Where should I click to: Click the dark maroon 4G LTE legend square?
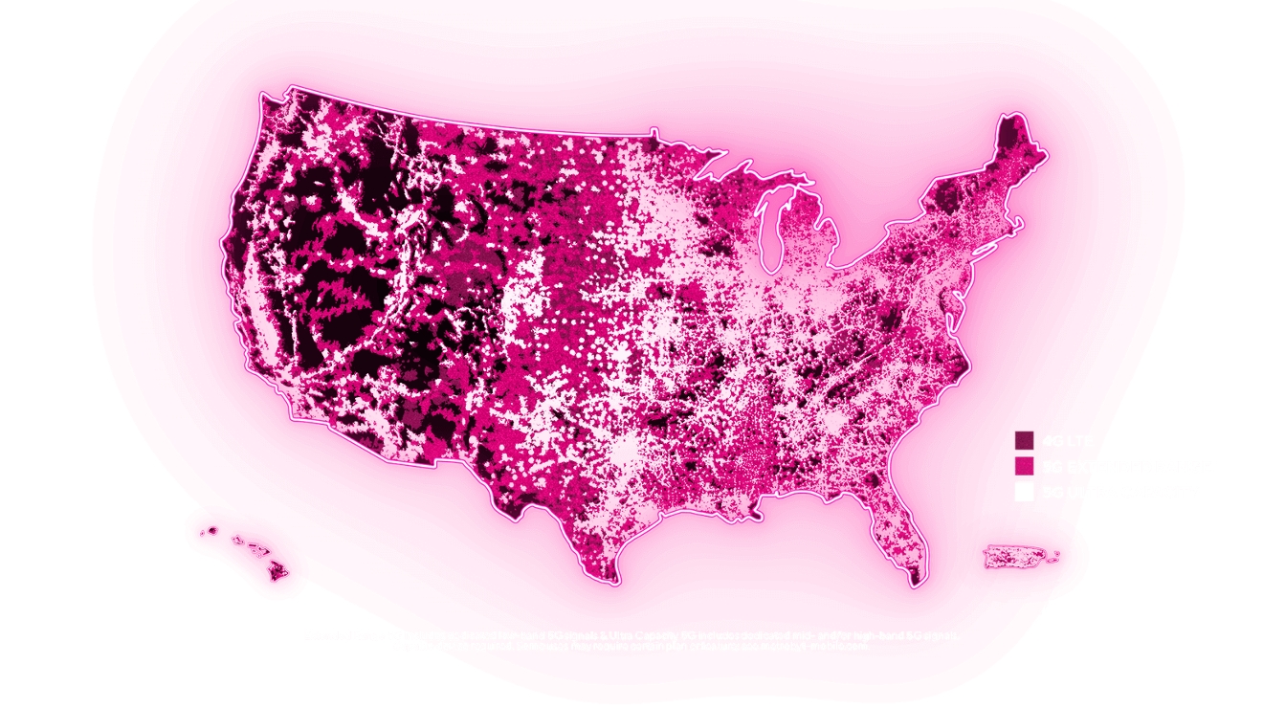(1024, 440)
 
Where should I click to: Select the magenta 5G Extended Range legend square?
(1024, 466)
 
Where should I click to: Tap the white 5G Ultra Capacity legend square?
(1024, 492)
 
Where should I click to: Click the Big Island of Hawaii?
(278, 570)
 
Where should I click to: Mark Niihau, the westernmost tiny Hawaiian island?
(202, 533)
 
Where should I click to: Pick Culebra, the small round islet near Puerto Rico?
(1056, 552)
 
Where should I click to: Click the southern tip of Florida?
(917, 580)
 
